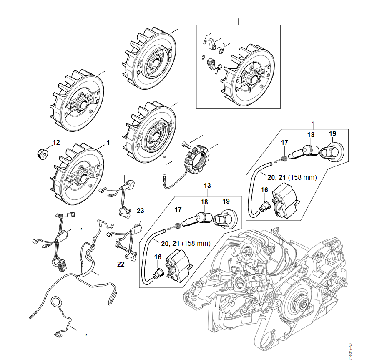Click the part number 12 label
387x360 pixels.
[x=56, y=142]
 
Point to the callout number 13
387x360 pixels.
[x=207, y=185]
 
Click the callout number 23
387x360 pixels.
[x=140, y=210]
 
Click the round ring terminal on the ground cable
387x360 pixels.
[x=56, y=302]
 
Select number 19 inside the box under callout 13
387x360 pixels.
[x=226, y=201]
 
